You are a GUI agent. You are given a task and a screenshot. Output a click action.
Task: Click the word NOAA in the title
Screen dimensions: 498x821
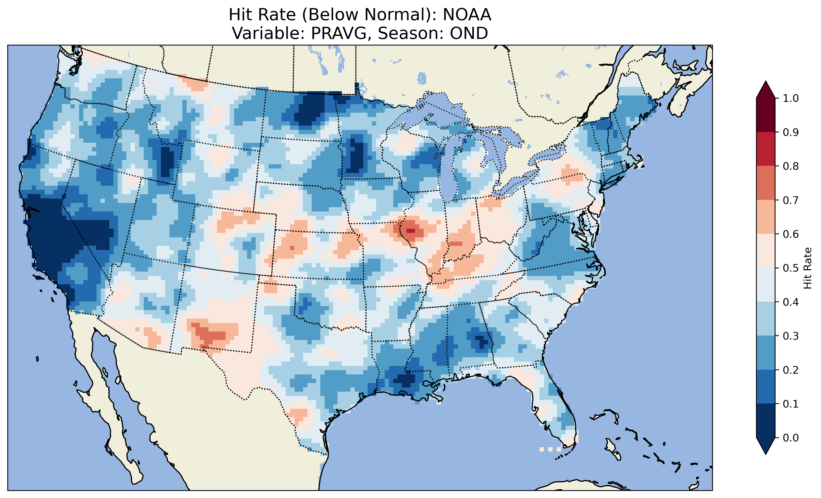467,15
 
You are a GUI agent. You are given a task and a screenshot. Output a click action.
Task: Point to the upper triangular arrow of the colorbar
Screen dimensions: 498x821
766,89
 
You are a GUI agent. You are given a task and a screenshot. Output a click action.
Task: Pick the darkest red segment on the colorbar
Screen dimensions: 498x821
766,115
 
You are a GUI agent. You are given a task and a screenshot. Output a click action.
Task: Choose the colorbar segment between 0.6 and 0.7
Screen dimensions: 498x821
766,217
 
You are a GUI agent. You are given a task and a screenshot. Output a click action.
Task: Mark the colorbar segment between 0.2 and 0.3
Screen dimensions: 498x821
766,353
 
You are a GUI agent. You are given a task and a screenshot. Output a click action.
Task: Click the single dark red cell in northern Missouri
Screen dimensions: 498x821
410,231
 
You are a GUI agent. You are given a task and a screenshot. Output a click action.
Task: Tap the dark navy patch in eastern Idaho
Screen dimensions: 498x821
166,161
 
